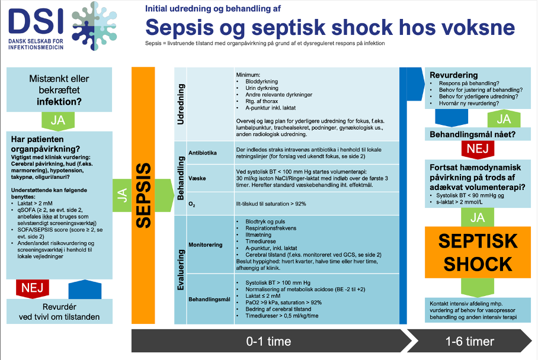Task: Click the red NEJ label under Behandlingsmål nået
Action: click(478, 149)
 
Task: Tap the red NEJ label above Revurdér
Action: click(29, 288)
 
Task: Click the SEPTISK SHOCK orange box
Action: click(478, 252)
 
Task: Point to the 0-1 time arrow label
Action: click(268, 342)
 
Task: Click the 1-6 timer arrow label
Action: click(477, 342)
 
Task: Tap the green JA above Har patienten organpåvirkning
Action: click(57, 120)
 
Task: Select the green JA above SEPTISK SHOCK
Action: click(478, 217)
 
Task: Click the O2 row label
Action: click(191, 204)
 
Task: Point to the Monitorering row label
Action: click(205, 244)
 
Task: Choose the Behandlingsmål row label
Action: click(208, 300)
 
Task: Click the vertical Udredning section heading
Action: click(181, 104)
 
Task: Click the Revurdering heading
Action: click(453, 75)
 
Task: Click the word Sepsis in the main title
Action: click(184, 27)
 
